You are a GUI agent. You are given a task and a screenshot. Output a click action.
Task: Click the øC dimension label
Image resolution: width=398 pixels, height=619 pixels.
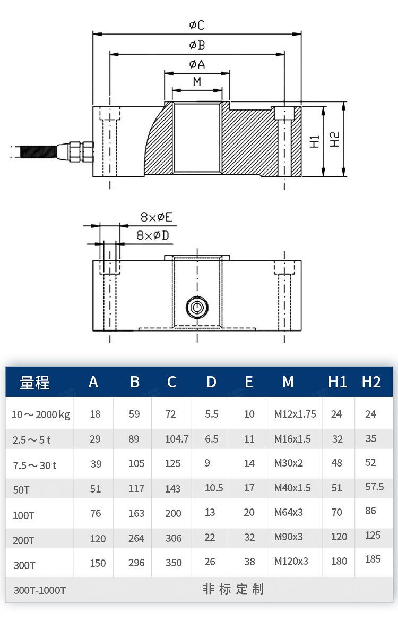pos(197,25)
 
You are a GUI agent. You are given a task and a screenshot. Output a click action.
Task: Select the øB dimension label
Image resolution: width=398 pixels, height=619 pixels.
pos(197,46)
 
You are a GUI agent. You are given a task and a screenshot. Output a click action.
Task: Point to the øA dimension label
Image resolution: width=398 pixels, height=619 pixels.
pos(197,64)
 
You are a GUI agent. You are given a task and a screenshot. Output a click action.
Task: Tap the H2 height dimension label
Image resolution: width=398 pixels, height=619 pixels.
pos(335,139)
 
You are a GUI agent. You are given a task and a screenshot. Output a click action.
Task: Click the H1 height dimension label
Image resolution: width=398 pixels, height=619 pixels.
pos(315,141)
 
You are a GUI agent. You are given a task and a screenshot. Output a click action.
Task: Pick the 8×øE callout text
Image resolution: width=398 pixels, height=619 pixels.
pos(157,217)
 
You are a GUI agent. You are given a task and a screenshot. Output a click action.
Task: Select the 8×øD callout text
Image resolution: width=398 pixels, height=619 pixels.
pos(152,235)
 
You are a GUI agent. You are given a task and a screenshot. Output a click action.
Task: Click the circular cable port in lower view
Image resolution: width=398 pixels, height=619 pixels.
pos(197,308)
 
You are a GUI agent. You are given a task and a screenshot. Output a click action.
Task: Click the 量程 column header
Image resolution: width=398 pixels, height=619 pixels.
pos(34,382)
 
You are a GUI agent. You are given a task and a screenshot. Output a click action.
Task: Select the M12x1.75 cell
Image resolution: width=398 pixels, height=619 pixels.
pos(295,414)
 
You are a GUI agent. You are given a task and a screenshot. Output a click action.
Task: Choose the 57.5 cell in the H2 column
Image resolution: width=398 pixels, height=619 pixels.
pos(375,487)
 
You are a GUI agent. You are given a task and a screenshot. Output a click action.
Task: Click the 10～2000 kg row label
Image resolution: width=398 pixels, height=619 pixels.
pos(41,414)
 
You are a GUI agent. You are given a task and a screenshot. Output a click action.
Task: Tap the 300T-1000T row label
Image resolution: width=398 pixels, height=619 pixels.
pos(40,590)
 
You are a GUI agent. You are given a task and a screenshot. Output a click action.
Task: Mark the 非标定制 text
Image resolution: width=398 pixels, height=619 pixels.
pos(233,589)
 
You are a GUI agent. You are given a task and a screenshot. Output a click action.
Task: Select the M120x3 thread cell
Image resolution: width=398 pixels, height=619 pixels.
pos(291,561)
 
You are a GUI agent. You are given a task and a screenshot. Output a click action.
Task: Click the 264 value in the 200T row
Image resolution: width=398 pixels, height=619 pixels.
pos(136,538)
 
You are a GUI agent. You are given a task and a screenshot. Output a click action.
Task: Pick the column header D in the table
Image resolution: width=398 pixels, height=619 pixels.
pos(211,382)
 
